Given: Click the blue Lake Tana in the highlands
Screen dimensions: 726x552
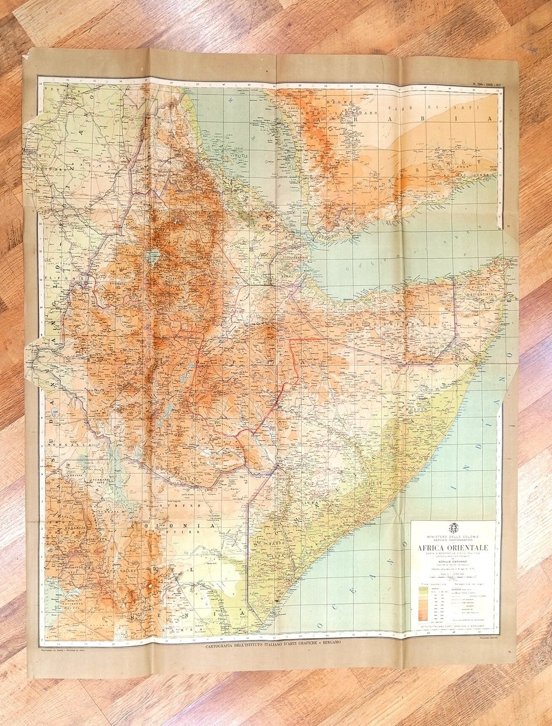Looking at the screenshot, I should pos(152,257).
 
